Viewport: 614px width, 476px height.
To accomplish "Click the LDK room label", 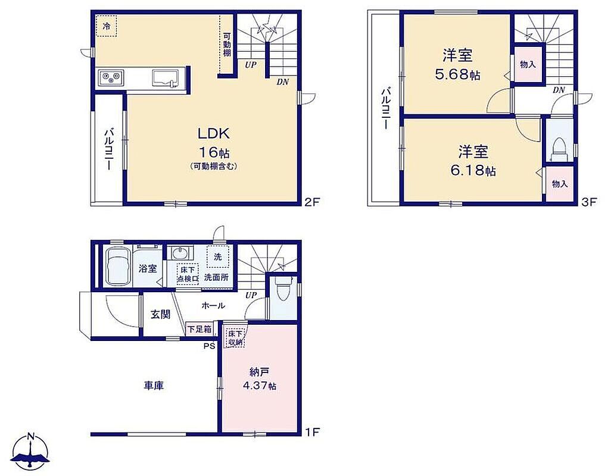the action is click(x=213, y=134).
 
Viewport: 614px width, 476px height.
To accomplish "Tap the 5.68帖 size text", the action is click(x=457, y=74).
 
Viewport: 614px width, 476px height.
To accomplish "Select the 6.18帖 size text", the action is click(x=473, y=171).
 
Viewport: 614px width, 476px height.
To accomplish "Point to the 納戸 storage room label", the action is click(x=259, y=372).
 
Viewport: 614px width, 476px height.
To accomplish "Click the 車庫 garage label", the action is click(x=154, y=386).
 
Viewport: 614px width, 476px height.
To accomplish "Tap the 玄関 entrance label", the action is click(x=161, y=314).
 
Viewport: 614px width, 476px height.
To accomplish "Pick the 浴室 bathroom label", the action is click(x=148, y=269).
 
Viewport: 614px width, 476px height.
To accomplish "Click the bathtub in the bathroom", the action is click(x=118, y=266).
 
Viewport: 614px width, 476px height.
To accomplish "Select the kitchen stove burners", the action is click(x=111, y=77).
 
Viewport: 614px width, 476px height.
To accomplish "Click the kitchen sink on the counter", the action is click(x=165, y=78).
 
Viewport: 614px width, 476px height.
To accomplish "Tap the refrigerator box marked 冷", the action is click(x=107, y=27).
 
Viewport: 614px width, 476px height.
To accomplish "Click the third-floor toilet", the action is click(x=559, y=149).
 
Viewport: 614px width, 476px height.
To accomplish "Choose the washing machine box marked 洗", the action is click(x=218, y=256).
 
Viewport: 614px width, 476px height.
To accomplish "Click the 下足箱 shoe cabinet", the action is click(x=199, y=329).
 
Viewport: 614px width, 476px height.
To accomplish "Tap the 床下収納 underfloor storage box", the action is click(x=235, y=337).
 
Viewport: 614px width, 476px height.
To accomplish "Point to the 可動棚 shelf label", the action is click(x=227, y=44).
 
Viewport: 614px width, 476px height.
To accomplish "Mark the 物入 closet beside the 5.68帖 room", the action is click(x=528, y=64).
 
